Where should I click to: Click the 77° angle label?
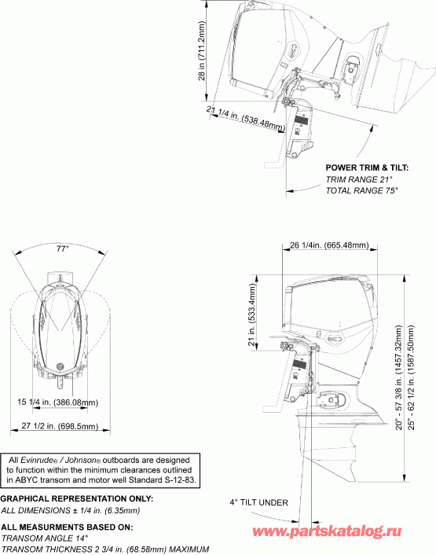tap(63, 248)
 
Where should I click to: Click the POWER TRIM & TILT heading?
tap(368, 167)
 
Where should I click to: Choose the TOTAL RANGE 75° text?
tap(361, 190)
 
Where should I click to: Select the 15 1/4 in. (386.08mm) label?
tap(57, 402)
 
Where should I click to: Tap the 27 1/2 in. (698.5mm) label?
tap(58, 427)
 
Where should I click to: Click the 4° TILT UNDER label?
tap(259, 502)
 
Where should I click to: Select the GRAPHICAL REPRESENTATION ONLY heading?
tap(77, 499)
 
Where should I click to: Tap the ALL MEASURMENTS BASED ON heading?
tap(66, 527)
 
